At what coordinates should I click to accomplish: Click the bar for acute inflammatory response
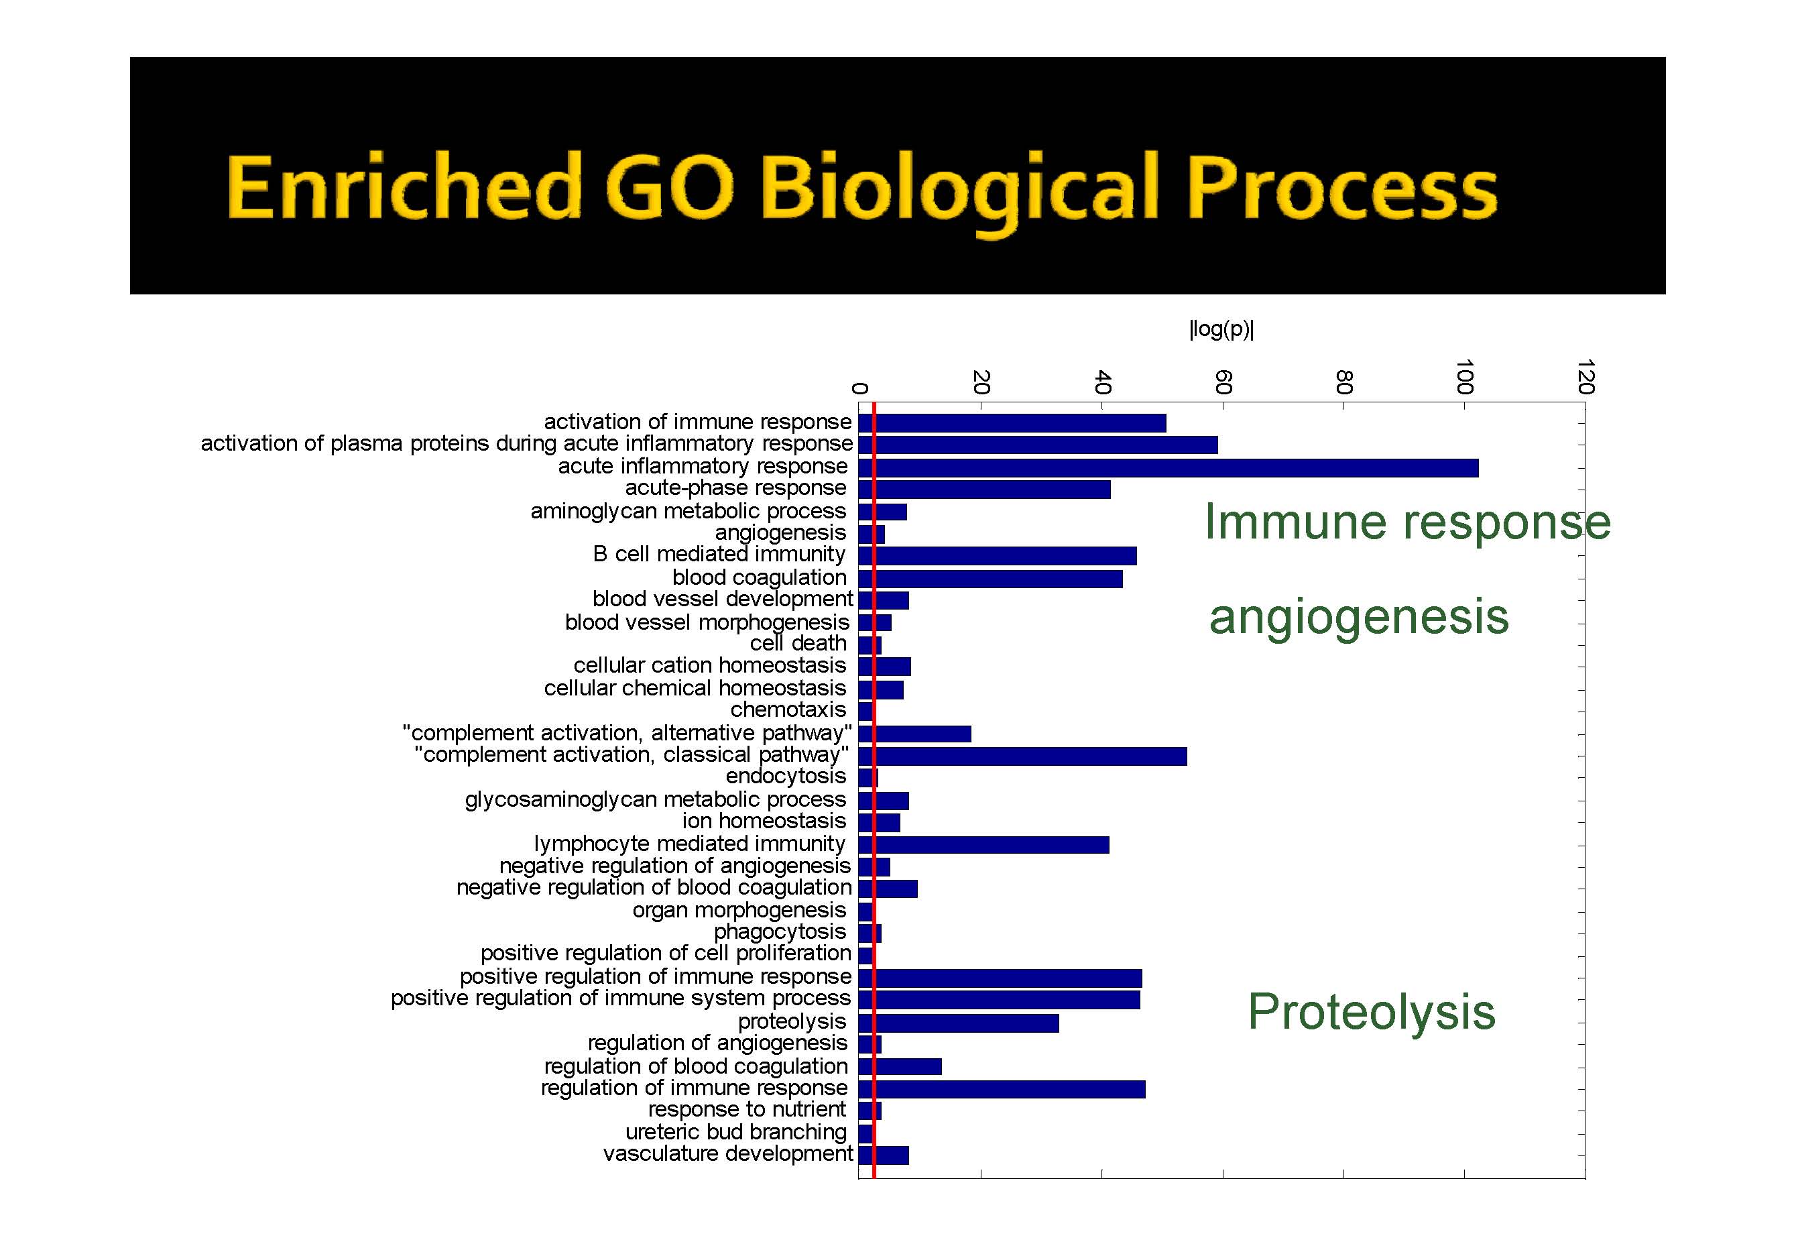click(1169, 467)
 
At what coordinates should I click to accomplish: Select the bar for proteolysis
click(959, 1023)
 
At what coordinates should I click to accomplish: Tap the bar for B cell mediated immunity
click(998, 556)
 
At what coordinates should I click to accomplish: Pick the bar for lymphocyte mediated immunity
click(984, 844)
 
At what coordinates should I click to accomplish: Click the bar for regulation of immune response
click(1002, 1089)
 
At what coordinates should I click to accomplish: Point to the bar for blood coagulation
click(991, 579)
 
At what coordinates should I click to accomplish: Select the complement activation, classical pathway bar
click(1023, 756)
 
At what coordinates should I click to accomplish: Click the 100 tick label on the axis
click(1465, 377)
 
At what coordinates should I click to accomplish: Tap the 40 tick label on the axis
click(1102, 382)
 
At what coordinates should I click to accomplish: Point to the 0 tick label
click(859, 388)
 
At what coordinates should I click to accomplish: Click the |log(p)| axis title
click(1221, 329)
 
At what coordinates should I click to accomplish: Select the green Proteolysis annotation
click(1372, 1012)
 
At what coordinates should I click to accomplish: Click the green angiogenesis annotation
click(1359, 618)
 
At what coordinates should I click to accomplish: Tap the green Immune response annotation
click(1408, 522)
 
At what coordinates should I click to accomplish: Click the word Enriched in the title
click(405, 187)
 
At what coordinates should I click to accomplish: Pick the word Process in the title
click(1342, 188)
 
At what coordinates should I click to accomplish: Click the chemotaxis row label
click(788, 710)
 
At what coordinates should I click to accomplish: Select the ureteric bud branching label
click(736, 1132)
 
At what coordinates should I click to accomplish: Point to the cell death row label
click(798, 644)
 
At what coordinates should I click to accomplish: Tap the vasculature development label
click(727, 1154)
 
